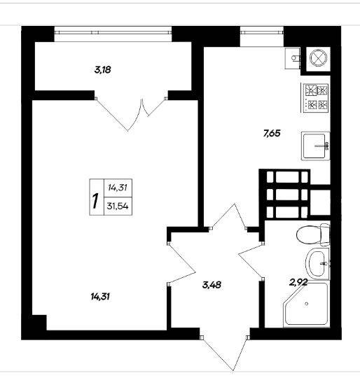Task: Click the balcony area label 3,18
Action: pyautogui.click(x=103, y=70)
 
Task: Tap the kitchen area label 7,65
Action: pyautogui.click(x=272, y=133)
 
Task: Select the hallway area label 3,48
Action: pyautogui.click(x=212, y=285)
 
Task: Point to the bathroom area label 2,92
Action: pyautogui.click(x=298, y=282)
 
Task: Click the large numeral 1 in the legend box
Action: pyautogui.click(x=96, y=201)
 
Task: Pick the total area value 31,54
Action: pyautogui.click(x=118, y=206)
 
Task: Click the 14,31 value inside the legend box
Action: pyautogui.click(x=118, y=188)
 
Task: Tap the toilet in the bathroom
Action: pyautogui.click(x=313, y=234)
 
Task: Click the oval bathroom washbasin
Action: pyautogui.click(x=317, y=264)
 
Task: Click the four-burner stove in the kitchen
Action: pyautogui.click(x=315, y=98)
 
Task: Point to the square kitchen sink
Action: pyautogui.click(x=315, y=146)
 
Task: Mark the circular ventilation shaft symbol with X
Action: pyautogui.click(x=318, y=59)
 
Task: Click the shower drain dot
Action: pyautogui.click(x=307, y=304)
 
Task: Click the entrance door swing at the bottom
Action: pyautogui.click(x=225, y=353)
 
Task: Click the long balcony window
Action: pyautogui.click(x=113, y=31)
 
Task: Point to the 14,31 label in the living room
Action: pyautogui.click(x=101, y=297)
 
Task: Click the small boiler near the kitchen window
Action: pyautogui.click(x=293, y=58)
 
